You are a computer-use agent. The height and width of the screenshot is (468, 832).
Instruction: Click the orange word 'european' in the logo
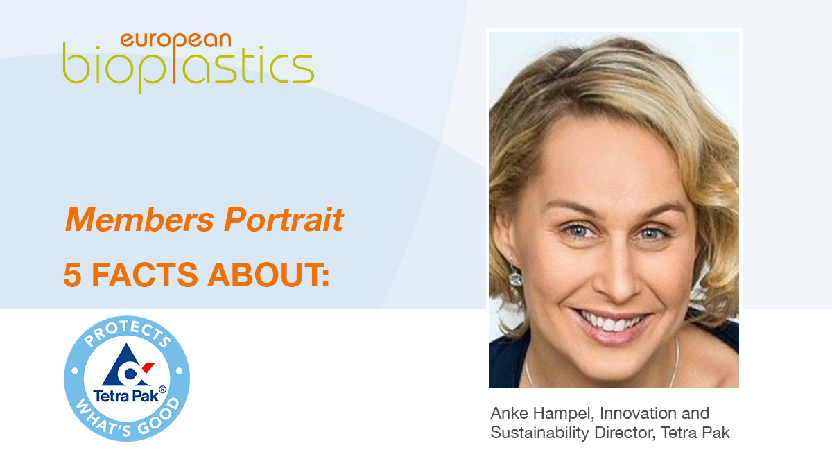tap(175, 41)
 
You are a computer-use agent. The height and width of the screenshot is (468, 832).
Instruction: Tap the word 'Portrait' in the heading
tap(284, 220)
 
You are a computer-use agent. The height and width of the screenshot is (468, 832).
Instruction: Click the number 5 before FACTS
tap(72, 275)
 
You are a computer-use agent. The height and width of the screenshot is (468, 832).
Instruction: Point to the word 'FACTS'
tap(144, 275)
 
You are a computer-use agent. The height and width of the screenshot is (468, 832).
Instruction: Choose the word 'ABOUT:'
tap(268, 275)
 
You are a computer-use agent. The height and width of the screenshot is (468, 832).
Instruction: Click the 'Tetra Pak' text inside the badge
tap(126, 396)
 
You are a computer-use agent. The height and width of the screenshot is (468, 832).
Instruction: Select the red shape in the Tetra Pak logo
tap(148, 367)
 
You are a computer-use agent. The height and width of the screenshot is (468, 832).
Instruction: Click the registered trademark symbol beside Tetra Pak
tap(162, 389)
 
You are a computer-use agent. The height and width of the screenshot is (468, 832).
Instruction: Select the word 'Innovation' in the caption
tap(639, 413)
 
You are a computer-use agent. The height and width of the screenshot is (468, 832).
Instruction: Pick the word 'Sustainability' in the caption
tap(539, 433)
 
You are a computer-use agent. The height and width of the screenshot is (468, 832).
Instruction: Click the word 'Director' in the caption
tap(625, 433)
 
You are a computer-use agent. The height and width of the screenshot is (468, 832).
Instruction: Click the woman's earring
tap(516, 277)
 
